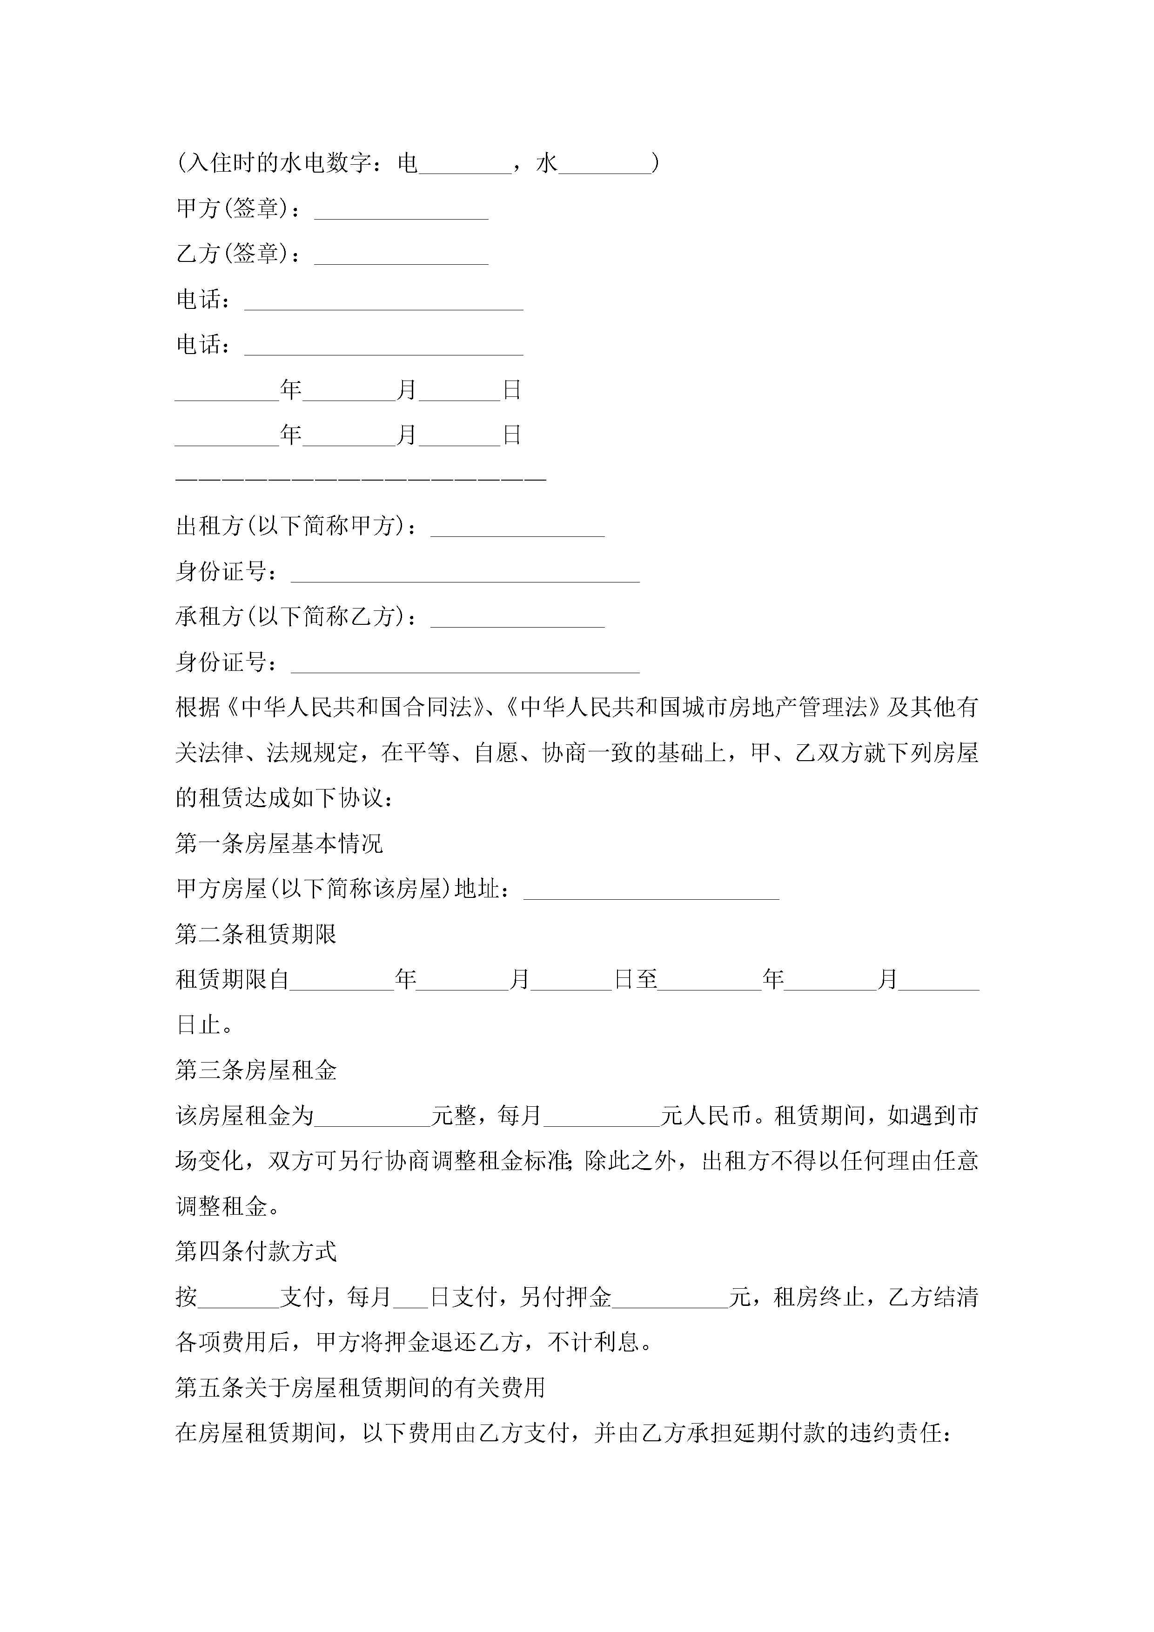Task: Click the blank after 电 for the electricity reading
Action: (465, 166)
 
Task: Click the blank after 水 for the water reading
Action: (604, 166)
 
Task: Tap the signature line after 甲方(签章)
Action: (401, 211)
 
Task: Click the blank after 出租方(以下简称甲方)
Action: (517, 528)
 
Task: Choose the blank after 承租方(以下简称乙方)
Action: (517, 618)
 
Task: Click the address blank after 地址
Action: (651, 890)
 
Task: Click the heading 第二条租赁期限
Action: (256, 934)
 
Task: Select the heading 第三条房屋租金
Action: (256, 1070)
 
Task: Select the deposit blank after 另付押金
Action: (670, 1298)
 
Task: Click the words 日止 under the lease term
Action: (198, 1025)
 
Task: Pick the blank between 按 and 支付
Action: (239, 1298)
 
